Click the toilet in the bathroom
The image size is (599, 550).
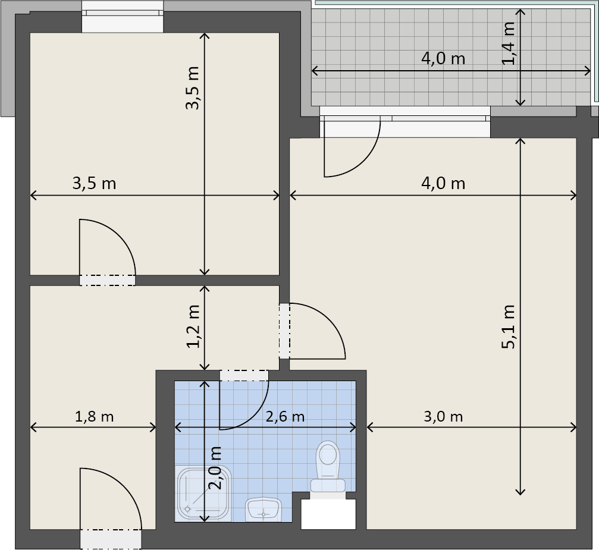tap(328, 469)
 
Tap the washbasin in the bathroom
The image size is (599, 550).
tap(264, 510)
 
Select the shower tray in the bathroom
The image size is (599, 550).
tap(205, 494)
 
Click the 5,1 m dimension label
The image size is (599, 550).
tap(509, 326)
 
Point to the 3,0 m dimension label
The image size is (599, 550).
tap(443, 416)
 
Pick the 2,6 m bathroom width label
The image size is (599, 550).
tap(285, 416)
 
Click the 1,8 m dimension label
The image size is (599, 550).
tap(94, 416)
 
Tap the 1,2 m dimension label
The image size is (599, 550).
tap(193, 326)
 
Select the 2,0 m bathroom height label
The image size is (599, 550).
tap(215, 468)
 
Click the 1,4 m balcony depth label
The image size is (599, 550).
tap(509, 43)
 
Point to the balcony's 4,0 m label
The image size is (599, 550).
tap(443, 58)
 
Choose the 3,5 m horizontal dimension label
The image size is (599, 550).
tap(94, 183)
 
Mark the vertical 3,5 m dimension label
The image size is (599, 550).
tap(193, 88)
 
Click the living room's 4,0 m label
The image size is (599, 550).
tap(443, 183)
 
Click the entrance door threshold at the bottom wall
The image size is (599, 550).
tap(111, 539)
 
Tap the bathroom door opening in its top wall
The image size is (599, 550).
tap(244, 375)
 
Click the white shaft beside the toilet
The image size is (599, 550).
tap(328, 514)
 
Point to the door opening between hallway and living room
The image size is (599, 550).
tap(284, 331)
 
